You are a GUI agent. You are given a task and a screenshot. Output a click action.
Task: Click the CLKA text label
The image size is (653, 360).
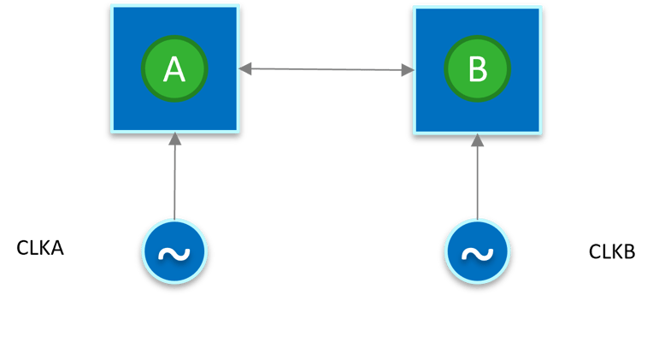(x=40, y=249)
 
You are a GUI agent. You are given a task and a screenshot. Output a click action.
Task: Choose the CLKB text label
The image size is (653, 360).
(x=612, y=252)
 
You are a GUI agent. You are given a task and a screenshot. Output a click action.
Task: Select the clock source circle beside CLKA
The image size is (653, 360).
(x=174, y=252)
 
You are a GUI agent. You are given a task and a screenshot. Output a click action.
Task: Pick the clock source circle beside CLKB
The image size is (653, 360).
(x=477, y=253)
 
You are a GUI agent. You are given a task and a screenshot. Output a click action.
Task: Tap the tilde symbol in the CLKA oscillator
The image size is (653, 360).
(x=174, y=253)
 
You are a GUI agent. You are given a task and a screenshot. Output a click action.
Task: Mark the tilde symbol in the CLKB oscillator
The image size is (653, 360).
(x=477, y=254)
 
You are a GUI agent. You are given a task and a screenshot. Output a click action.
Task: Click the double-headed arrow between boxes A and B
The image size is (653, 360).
(x=326, y=69)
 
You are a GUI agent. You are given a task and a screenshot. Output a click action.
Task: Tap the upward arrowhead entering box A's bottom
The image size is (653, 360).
(x=174, y=139)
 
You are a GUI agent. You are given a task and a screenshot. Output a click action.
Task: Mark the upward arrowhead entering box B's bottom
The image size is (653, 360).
(x=477, y=140)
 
